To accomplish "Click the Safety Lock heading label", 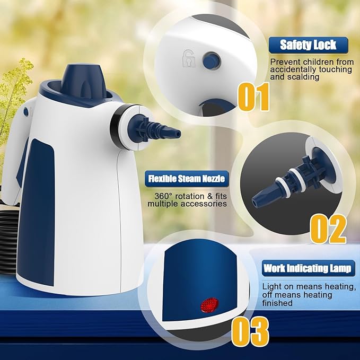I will tap(308, 45).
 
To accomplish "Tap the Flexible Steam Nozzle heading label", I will tap(186, 178).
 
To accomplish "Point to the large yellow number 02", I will tap(328, 228).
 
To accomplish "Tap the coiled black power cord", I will tap(8, 223).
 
